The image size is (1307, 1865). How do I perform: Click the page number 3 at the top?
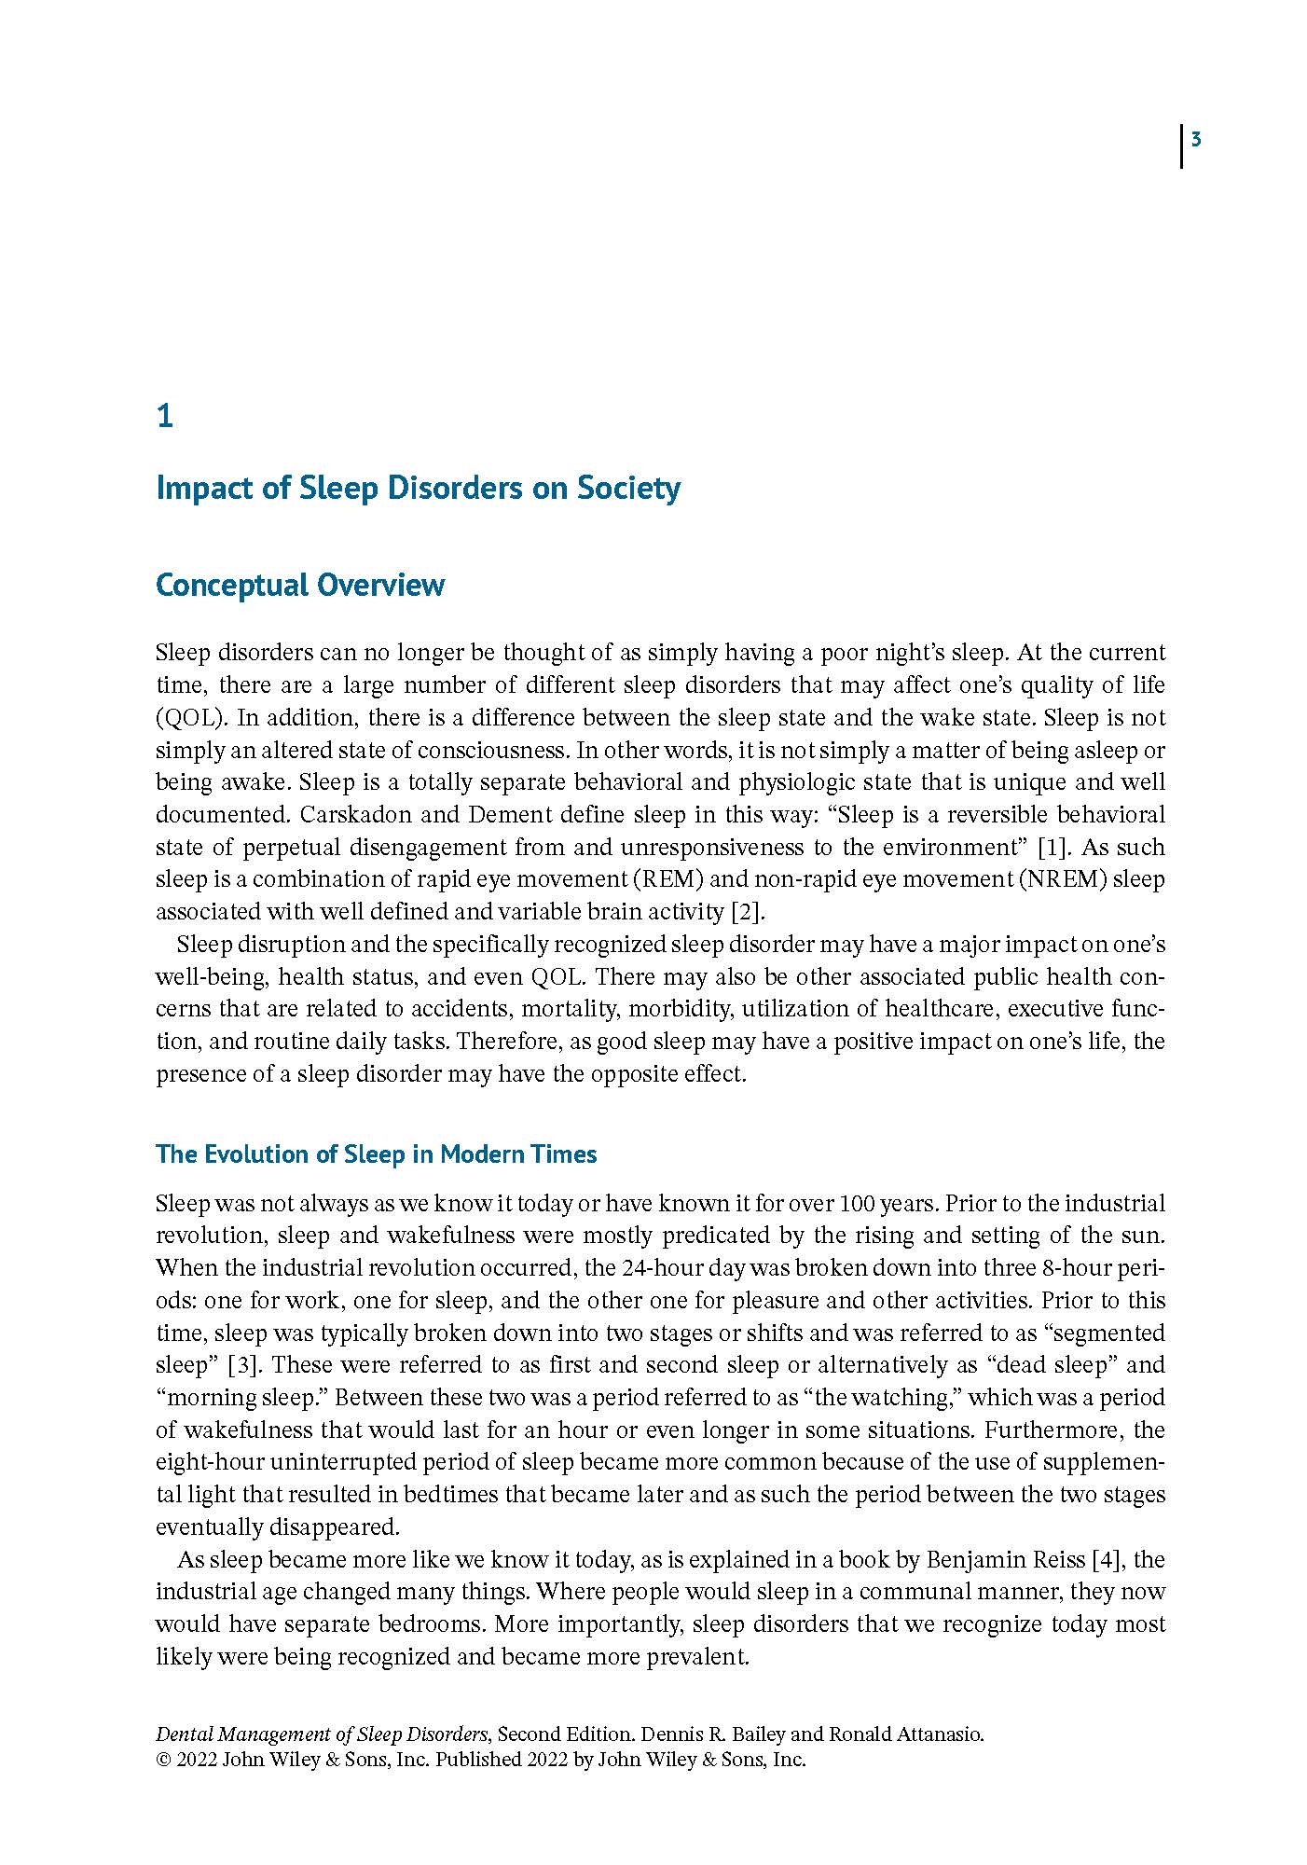pos(1196,141)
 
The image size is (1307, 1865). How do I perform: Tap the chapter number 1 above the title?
pos(165,417)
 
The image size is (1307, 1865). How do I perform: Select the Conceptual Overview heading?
pos(299,585)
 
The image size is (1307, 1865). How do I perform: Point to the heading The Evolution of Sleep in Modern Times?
pos(376,1154)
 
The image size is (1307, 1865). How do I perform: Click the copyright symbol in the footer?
pos(162,1760)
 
